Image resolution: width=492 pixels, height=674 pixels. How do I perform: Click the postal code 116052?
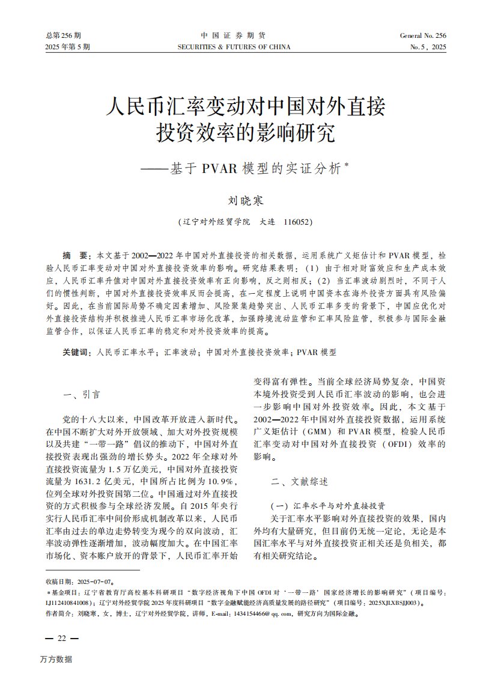[x=296, y=222]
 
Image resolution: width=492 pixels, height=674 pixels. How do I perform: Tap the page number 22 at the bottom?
[x=61, y=638]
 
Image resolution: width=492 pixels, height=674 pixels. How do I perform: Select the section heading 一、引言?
[x=82, y=395]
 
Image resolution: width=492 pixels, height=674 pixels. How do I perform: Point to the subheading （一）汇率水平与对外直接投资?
[x=328, y=505]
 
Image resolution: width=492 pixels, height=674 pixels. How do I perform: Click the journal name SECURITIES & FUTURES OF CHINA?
[x=234, y=47]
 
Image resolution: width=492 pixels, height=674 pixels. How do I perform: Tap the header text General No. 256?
[x=423, y=36]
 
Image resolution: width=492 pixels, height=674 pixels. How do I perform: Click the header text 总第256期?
[x=63, y=36]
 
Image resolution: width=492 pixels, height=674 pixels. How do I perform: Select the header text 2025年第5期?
[x=68, y=47]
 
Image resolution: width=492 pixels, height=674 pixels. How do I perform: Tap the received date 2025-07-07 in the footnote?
[x=95, y=581]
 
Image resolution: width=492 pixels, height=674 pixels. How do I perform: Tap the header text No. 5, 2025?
[x=428, y=47]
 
